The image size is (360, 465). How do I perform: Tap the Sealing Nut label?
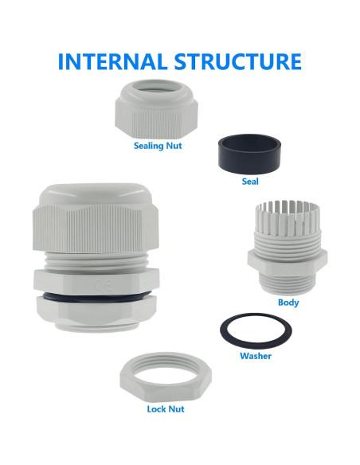tap(158, 146)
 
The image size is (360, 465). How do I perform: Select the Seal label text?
tap(250, 181)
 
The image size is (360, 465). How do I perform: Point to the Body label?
tap(288, 303)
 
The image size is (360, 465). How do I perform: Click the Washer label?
tap(256, 356)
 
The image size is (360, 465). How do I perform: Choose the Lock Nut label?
tap(166, 408)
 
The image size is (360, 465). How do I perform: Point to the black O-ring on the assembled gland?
tap(95, 299)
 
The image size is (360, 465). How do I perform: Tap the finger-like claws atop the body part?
tap(283, 217)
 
